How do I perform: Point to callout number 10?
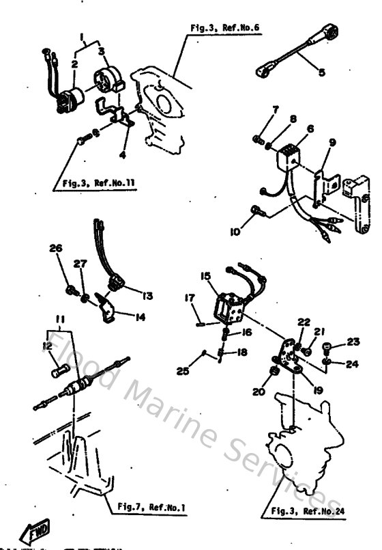coord(235,232)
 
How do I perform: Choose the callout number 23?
coord(352,342)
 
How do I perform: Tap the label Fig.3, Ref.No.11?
coord(91,183)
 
